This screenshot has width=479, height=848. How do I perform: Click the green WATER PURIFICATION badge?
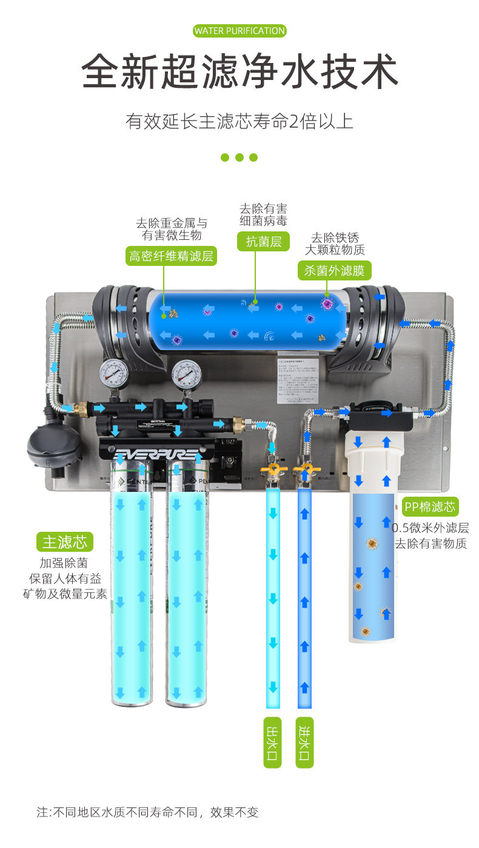239,31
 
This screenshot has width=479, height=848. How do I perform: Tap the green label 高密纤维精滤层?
172,256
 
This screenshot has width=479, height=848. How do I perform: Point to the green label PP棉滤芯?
430,506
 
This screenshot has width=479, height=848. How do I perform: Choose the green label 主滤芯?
65,541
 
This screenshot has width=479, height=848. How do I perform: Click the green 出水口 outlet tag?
273,742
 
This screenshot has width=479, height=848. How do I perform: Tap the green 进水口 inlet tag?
304,742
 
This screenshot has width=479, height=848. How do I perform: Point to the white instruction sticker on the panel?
298,380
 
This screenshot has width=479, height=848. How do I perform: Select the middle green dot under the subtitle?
239,157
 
